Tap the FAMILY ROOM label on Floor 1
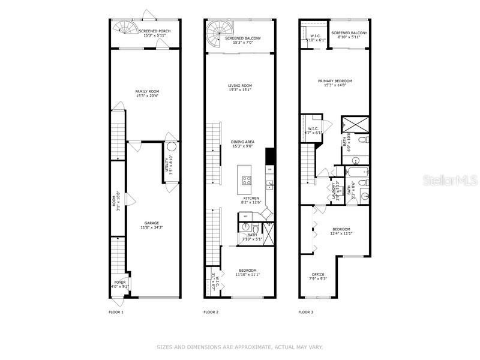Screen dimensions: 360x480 coord(147,91)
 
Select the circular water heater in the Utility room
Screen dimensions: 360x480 coord(171,146)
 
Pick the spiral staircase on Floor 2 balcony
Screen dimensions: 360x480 coord(215,29)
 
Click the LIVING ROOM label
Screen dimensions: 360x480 coord(240,86)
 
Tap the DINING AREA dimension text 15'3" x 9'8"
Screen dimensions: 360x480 coord(242,146)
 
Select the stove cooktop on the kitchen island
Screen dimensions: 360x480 coord(245,178)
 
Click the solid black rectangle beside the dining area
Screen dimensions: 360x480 coord(270,155)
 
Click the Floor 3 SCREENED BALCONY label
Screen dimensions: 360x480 coord(349,33)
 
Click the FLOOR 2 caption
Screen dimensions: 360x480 coord(211,312)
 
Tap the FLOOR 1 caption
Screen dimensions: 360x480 coord(116,312)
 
